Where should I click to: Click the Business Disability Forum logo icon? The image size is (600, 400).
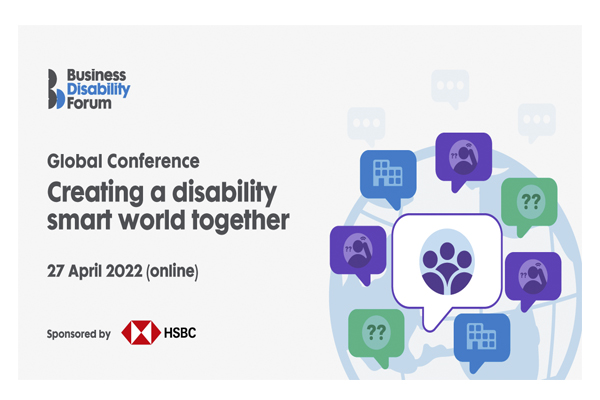[55, 89]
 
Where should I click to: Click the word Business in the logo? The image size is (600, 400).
[96, 75]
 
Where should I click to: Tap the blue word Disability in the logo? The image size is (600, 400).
[99, 90]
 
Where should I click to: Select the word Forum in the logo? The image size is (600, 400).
[89, 103]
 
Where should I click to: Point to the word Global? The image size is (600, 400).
[75, 161]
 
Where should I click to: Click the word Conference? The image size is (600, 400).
[153, 161]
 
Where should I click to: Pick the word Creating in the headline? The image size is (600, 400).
[95, 193]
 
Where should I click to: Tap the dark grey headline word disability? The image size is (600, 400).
[224, 193]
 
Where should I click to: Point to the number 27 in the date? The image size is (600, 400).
[55, 271]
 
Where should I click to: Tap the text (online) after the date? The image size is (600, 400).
[173, 271]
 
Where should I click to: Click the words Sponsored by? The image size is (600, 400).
[79, 334]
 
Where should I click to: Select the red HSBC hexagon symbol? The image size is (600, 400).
[141, 332]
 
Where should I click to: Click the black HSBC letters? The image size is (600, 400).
[180, 333]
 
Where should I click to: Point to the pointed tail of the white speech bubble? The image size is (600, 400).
[430, 329]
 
